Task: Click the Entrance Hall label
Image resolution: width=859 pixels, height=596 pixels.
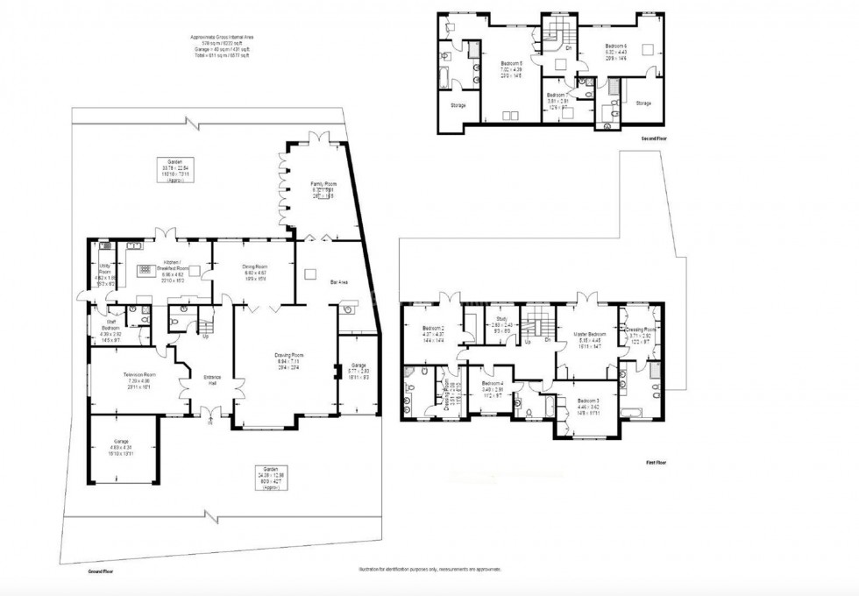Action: click(x=212, y=378)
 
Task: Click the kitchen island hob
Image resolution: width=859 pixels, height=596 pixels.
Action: click(x=146, y=270)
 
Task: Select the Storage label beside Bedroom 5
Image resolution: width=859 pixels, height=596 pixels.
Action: click(x=458, y=104)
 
